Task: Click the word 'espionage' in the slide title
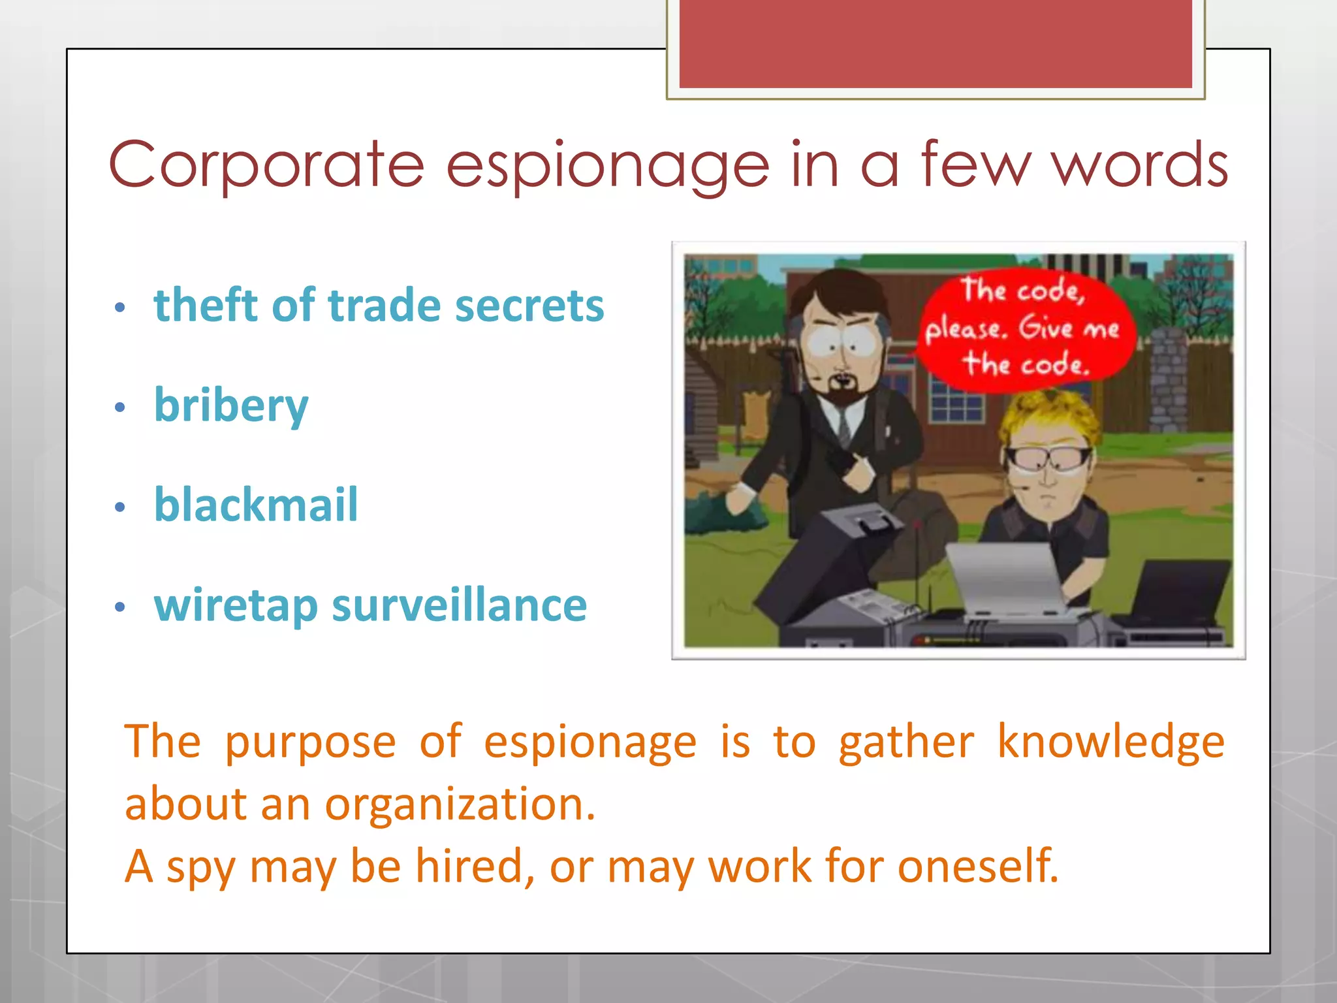[x=607, y=167]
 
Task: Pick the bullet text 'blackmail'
[x=256, y=505]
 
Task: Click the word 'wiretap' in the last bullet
[x=236, y=606]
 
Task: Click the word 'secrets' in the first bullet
[x=529, y=306]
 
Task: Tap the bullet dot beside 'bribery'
[x=119, y=407]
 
